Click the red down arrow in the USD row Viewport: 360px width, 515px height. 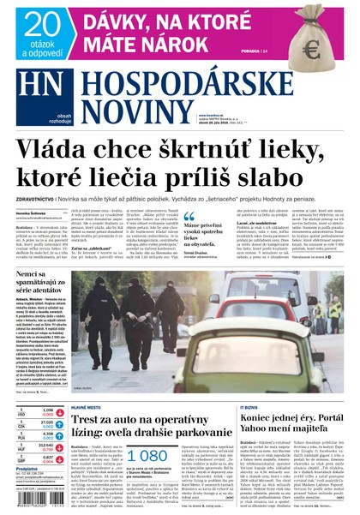point(61,413)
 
